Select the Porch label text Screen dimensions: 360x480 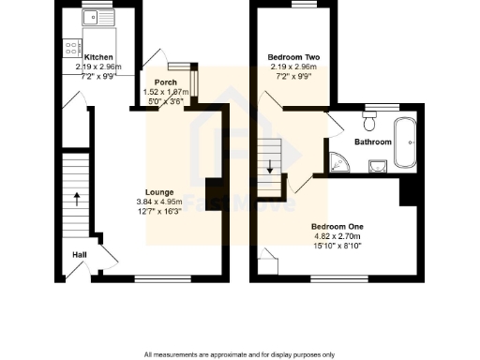coord(166,82)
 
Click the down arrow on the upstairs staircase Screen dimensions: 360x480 coord(271,169)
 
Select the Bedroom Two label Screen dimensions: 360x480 coord(290,56)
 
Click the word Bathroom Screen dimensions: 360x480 coord(372,142)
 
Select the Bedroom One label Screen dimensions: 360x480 coord(337,227)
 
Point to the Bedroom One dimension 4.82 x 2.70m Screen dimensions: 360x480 coord(337,236)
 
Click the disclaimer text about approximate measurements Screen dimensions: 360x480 coord(240,354)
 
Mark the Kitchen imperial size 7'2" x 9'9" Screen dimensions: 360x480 coord(97,75)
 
